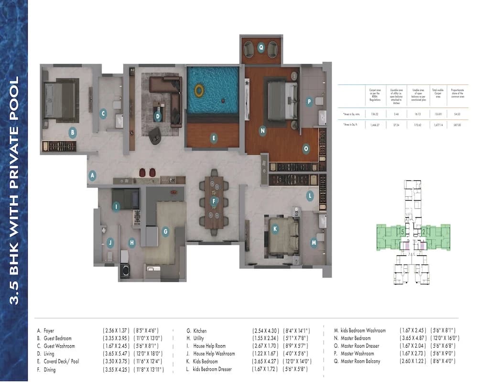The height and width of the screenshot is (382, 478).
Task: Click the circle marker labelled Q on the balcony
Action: pos(261,47)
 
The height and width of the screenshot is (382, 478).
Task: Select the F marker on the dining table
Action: pos(215,202)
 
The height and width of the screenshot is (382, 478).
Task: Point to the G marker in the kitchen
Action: pos(165,232)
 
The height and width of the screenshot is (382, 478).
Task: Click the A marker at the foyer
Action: pos(92,175)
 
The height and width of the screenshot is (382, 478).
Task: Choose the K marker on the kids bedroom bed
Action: pos(275,229)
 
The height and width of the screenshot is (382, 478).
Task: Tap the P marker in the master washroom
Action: pos(309,101)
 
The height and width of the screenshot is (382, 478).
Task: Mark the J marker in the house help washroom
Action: pos(110,242)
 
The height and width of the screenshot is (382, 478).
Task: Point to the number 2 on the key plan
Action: pos(424,232)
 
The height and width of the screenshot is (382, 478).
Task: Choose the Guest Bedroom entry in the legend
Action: pos(59,338)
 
